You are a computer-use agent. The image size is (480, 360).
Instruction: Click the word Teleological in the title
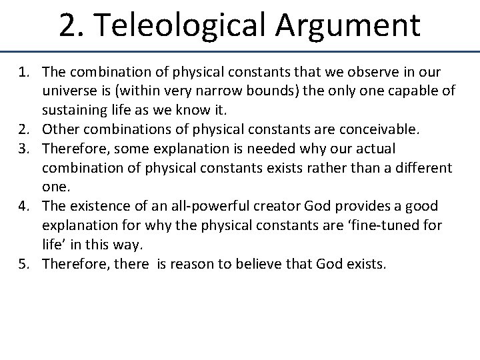tap(183, 25)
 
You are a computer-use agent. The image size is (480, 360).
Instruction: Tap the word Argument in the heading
tap(347, 25)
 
